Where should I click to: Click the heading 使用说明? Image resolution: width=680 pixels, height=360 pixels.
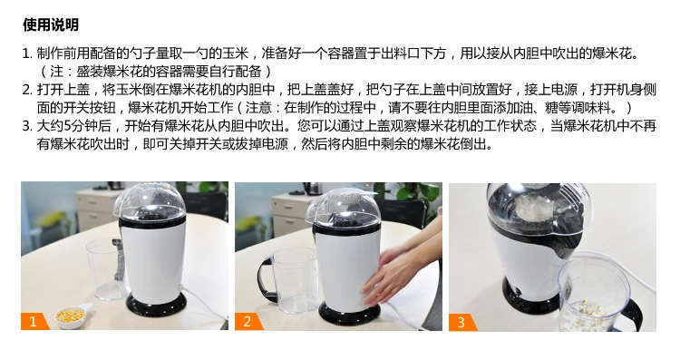pyautogui.click(x=51, y=24)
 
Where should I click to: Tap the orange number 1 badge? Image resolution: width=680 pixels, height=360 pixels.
pyautogui.click(x=34, y=321)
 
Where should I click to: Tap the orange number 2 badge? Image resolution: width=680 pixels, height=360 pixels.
pyautogui.click(x=248, y=321)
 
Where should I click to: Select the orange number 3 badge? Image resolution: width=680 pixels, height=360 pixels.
pyautogui.click(x=461, y=322)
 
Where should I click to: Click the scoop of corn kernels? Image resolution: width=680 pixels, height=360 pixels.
pyautogui.click(x=72, y=316)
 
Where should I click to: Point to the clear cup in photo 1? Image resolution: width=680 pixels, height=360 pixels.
pyautogui.click(x=105, y=269)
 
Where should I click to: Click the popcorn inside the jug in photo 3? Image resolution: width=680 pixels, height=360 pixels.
pyautogui.click(x=588, y=311)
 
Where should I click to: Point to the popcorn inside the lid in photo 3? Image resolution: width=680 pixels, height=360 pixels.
pyautogui.click(x=532, y=208)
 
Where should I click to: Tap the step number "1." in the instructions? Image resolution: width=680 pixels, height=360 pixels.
pyautogui.click(x=27, y=54)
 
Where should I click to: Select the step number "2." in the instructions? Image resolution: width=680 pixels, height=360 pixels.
pyautogui.click(x=27, y=90)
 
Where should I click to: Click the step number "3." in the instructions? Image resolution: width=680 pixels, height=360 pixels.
pyautogui.click(x=27, y=126)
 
